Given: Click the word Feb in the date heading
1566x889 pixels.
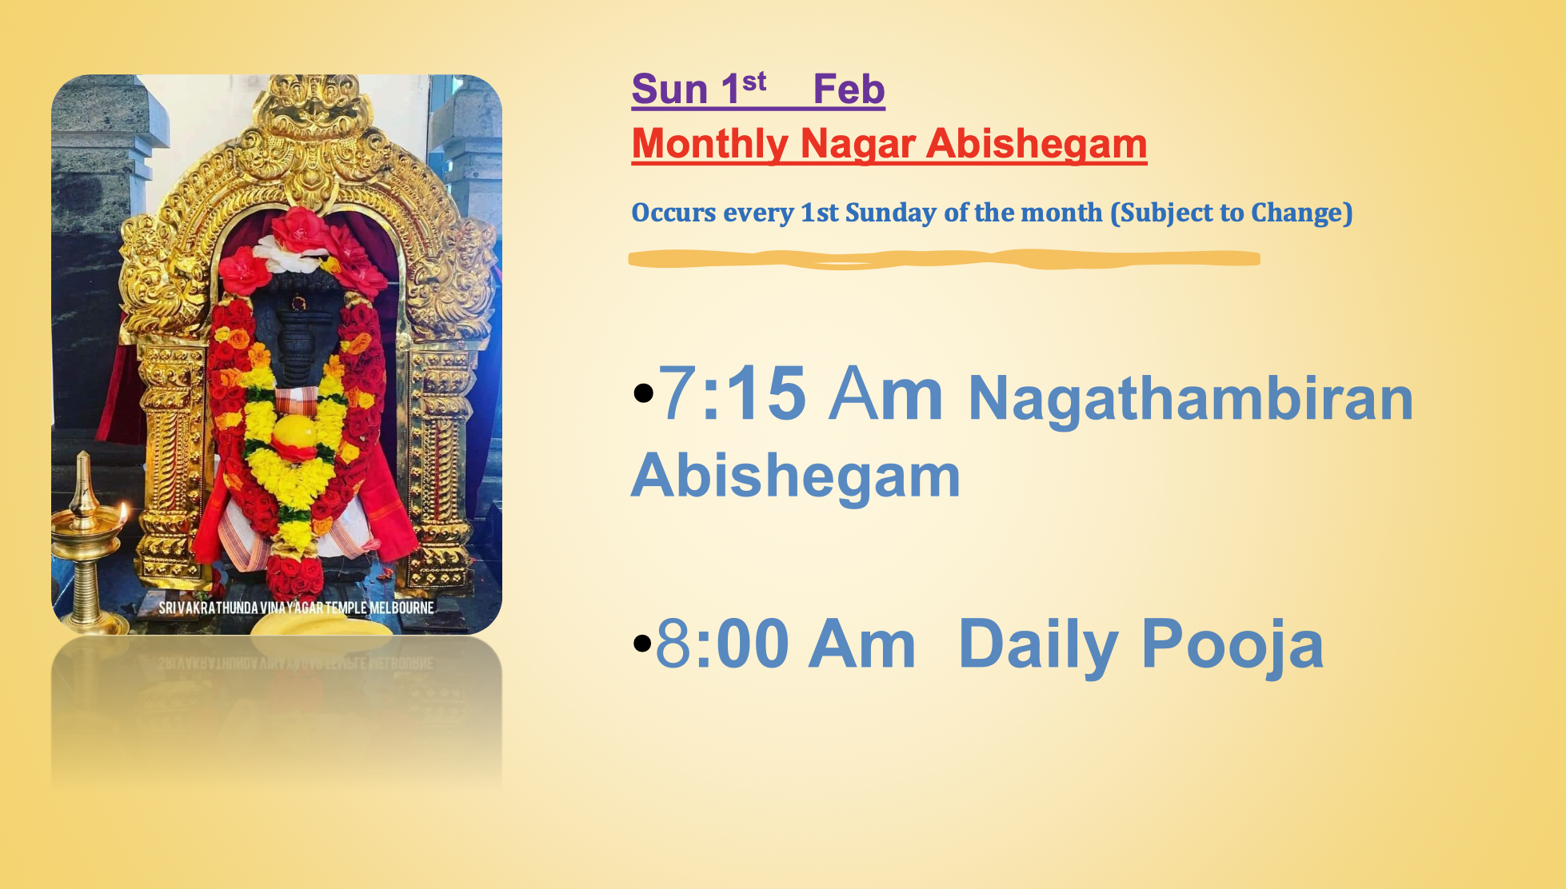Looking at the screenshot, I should (x=849, y=89).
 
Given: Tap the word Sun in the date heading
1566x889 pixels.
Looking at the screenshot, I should (x=669, y=89).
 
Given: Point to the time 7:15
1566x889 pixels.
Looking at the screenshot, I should (x=732, y=393).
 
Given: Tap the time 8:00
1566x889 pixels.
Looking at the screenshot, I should (x=722, y=644).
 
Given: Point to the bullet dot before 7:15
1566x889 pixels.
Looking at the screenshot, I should (x=642, y=393).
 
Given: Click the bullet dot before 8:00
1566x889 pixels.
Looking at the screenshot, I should (x=642, y=643).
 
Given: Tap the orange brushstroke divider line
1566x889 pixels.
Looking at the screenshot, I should (x=944, y=259).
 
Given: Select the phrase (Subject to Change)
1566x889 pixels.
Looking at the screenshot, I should (x=1231, y=213).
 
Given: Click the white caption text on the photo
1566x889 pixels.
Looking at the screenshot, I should (x=296, y=608).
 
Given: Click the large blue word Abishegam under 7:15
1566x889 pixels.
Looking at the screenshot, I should (x=795, y=476).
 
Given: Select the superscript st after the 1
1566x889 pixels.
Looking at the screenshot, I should (x=754, y=81).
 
